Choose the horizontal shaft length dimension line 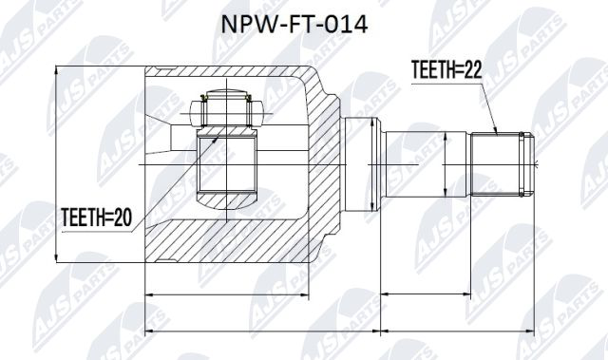click(456, 297)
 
